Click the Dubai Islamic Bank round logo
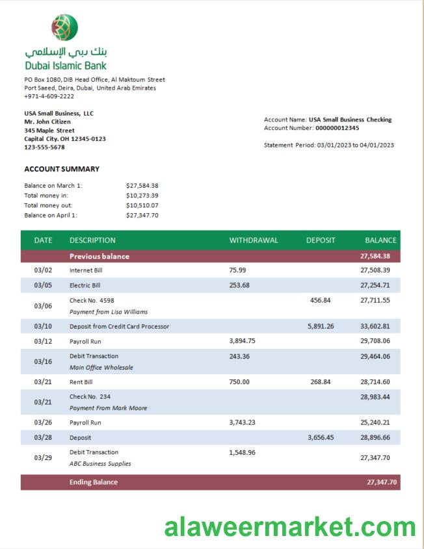point(64,28)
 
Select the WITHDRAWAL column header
point(253,240)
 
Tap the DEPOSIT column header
point(321,240)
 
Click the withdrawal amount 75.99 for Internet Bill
point(237,270)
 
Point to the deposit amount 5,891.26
point(320,326)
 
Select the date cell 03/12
point(43,341)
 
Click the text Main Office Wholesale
point(101,368)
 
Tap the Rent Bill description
point(81,382)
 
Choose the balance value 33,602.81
point(375,326)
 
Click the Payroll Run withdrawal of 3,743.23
point(242,422)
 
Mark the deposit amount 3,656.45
point(320,438)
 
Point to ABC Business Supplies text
point(100,464)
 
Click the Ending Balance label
point(94,482)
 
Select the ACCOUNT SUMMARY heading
point(62,169)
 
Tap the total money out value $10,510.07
point(142,205)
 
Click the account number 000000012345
point(337,128)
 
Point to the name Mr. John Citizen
point(47,121)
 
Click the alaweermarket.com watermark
point(290,526)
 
